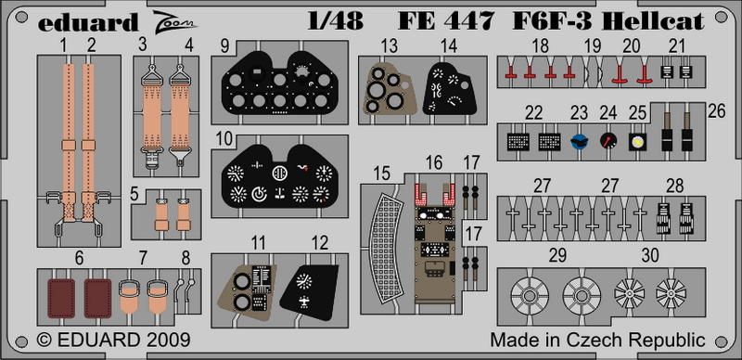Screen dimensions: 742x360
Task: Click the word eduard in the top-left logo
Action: click(87, 23)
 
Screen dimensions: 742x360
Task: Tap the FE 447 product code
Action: click(446, 21)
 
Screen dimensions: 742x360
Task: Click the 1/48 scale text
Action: click(335, 21)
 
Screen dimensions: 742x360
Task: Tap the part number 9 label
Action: click(224, 47)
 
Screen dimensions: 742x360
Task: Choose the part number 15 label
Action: click(381, 174)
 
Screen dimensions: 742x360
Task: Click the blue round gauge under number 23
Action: click(579, 141)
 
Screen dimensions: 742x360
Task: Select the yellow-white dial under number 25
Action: click(637, 141)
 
